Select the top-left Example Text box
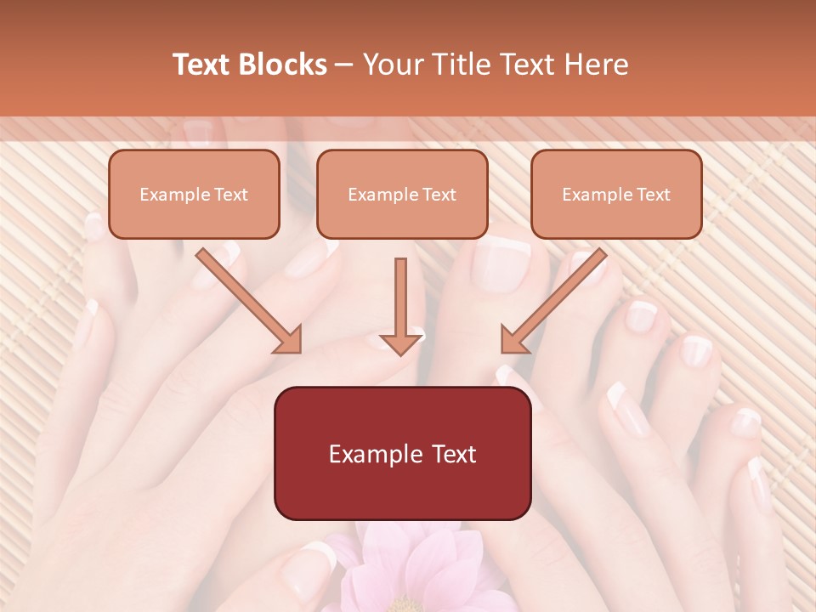[194, 195]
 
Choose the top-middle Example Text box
[402, 195]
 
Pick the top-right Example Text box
[616, 195]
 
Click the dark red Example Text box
[403, 454]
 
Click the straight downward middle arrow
[401, 306]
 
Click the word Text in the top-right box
[653, 195]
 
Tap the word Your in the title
[394, 65]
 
